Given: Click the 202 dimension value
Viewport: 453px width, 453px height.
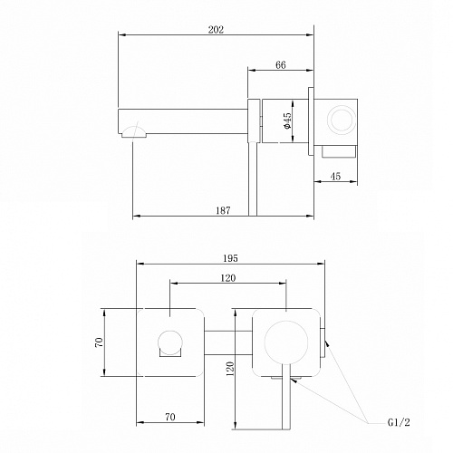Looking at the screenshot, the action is pyautogui.click(x=216, y=30).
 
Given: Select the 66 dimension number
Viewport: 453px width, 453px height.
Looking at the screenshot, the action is pyautogui.click(x=281, y=65).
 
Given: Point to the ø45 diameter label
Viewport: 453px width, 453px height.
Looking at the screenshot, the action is pyautogui.click(x=287, y=120).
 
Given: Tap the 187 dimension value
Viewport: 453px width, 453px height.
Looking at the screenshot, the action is pyautogui.click(x=223, y=210).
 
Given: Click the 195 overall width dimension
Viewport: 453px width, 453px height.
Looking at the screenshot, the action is pyautogui.click(x=230, y=258).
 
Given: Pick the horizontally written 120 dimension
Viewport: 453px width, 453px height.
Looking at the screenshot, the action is pyautogui.click(x=227, y=278).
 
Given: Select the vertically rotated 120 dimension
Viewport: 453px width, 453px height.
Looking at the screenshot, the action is pyautogui.click(x=230, y=369).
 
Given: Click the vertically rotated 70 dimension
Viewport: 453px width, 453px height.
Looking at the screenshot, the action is pyautogui.click(x=99, y=342).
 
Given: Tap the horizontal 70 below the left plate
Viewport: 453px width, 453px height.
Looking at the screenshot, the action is pyautogui.click(x=170, y=417).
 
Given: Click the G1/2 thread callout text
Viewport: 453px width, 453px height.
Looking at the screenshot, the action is pyautogui.click(x=399, y=422).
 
